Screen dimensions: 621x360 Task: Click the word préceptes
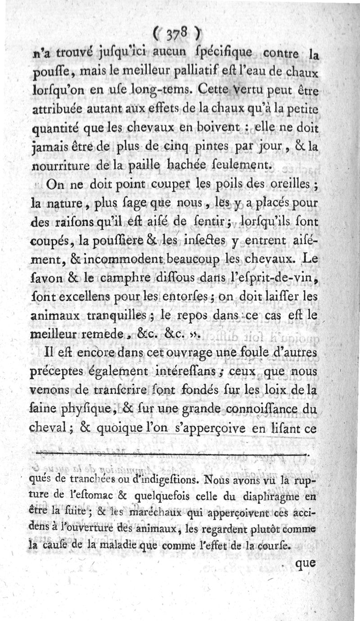(61, 373)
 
